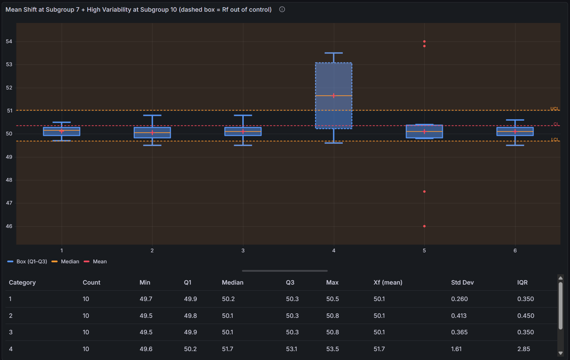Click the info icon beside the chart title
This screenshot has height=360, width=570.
pyautogui.click(x=282, y=10)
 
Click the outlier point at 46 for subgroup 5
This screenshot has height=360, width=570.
pyautogui.click(x=424, y=226)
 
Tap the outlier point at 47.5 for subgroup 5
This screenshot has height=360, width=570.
pyautogui.click(x=424, y=192)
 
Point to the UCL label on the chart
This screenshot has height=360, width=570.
pyautogui.click(x=554, y=109)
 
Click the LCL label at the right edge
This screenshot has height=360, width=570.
pyautogui.click(x=555, y=140)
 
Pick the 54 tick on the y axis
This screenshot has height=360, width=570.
pyautogui.click(x=9, y=41)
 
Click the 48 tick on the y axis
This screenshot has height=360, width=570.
pyautogui.click(x=9, y=180)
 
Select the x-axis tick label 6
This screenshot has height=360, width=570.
pyautogui.click(x=515, y=251)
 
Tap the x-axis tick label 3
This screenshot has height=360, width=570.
pyautogui.click(x=243, y=251)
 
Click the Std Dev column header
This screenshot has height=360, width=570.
pyautogui.click(x=462, y=283)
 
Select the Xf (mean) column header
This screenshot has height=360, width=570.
pyautogui.click(x=388, y=283)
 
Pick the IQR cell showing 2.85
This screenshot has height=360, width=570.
pyautogui.click(x=523, y=349)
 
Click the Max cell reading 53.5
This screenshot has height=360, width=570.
pyautogui.click(x=332, y=349)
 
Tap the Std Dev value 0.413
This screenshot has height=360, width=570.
pyautogui.click(x=459, y=316)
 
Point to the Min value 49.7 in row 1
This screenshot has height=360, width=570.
pyautogui.click(x=146, y=299)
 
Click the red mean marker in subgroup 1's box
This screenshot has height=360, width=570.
pyautogui.click(x=62, y=131)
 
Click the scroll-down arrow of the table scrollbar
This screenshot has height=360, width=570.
pyautogui.click(x=560, y=353)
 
